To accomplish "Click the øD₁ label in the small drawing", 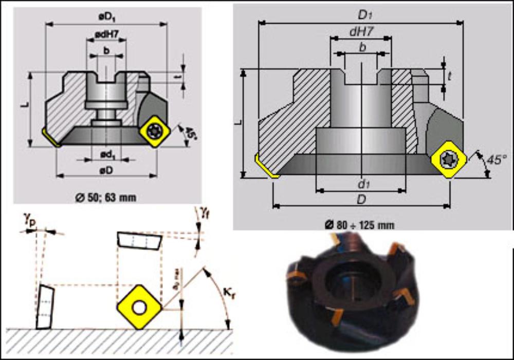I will click(106, 17).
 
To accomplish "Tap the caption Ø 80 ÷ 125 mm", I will click(360, 224).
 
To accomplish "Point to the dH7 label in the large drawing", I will click(361, 31).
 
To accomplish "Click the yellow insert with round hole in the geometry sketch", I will click(139, 308).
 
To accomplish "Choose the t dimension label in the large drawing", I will click(450, 76).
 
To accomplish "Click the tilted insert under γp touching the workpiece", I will click(45, 307).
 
